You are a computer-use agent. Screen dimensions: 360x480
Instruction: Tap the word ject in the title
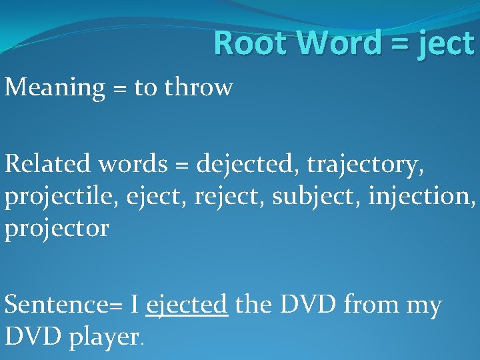coord(447,45)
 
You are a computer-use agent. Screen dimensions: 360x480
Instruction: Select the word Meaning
coord(55,88)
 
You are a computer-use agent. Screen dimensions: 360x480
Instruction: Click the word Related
coord(50,163)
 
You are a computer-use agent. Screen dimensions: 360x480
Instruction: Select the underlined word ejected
coord(187,306)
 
